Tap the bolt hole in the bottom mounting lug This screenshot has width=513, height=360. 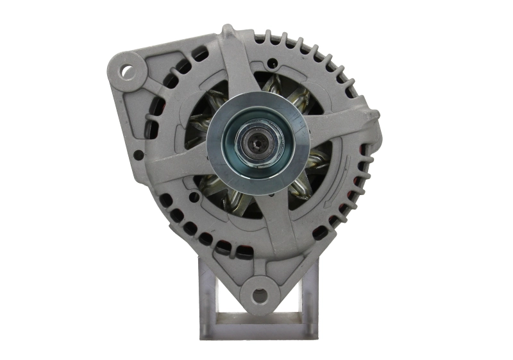[x=259, y=296]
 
